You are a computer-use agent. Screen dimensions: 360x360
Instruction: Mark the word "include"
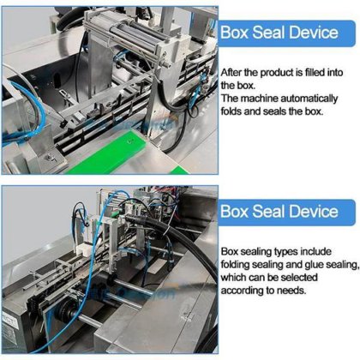coord(316,252)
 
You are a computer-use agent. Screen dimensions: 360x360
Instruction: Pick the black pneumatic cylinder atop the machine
coord(135,31)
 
